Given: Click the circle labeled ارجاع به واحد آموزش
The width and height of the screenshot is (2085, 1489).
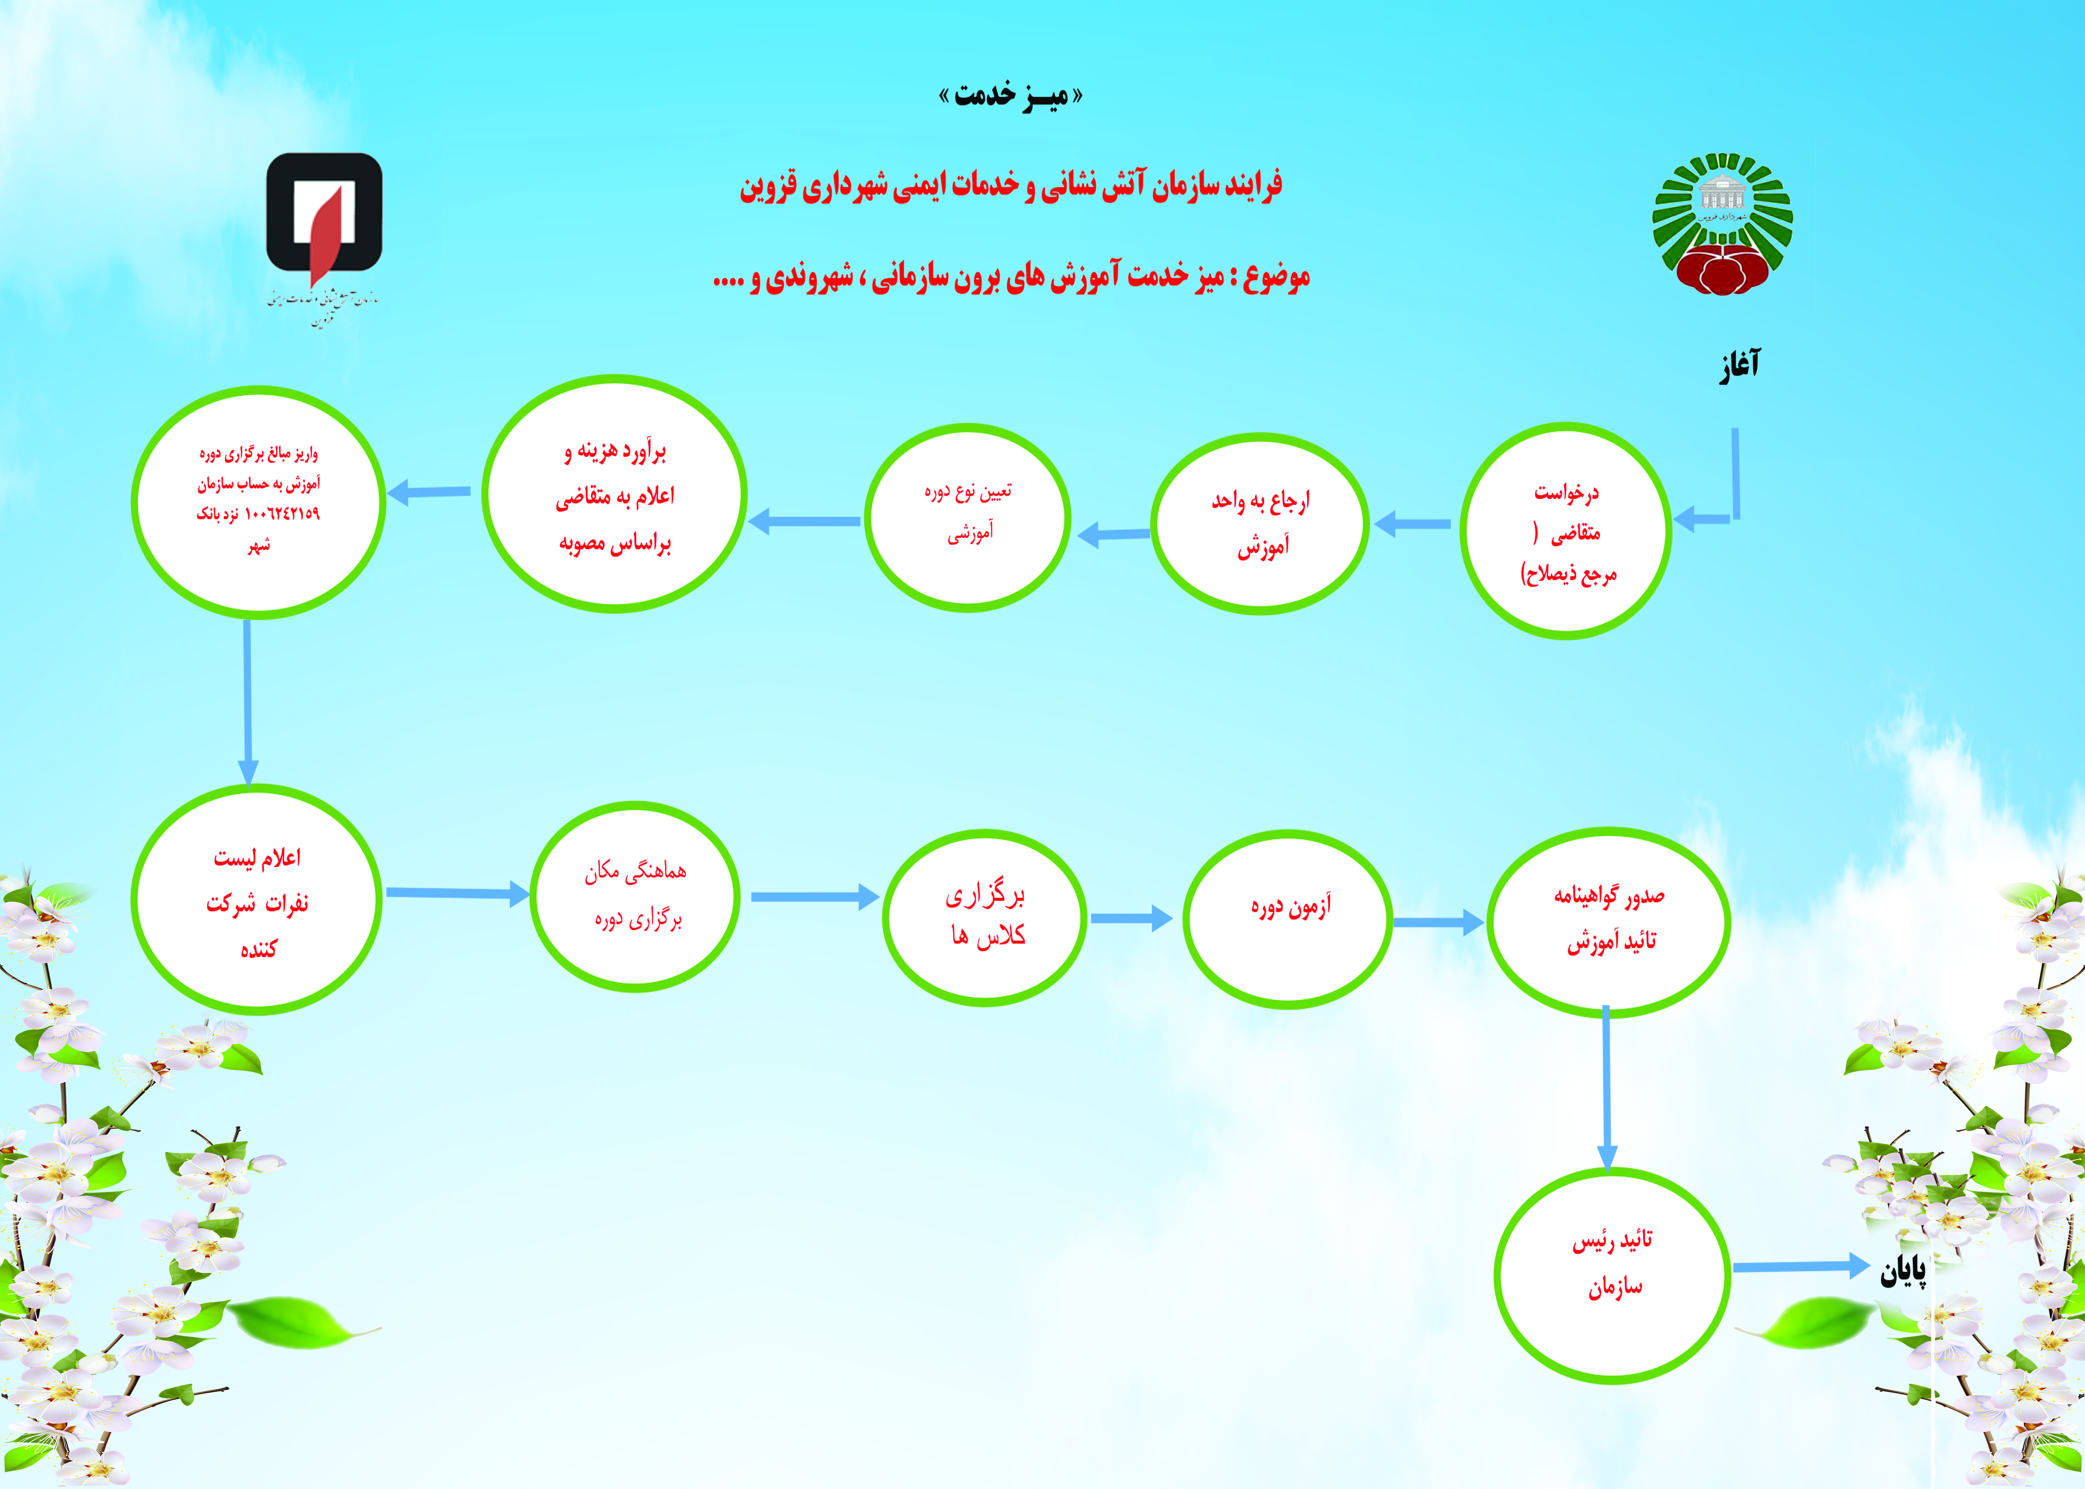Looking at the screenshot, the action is tap(1260, 524).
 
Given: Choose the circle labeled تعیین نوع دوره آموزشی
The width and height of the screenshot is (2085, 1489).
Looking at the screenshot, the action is tap(967, 517).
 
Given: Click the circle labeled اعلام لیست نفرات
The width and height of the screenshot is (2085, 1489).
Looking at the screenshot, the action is tap(257, 900).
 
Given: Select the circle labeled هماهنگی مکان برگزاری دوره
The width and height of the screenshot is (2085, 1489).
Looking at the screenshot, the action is tap(635, 896).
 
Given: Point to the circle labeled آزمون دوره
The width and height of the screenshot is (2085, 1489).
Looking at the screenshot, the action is tap(1288, 919).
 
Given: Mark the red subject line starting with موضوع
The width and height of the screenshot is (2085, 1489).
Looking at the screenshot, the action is tap(1011, 276).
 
